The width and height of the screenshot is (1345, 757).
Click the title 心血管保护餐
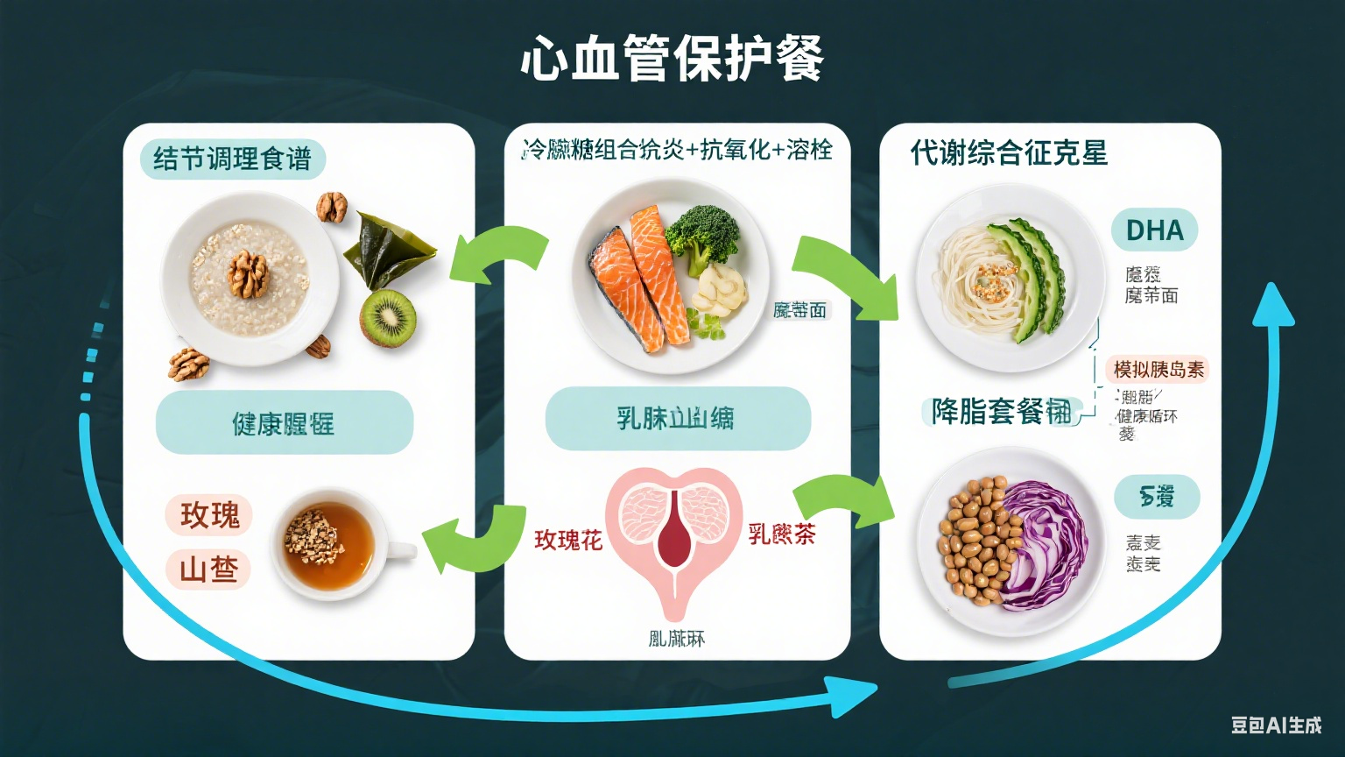click(672, 60)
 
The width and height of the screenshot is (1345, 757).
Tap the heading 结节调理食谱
click(232, 159)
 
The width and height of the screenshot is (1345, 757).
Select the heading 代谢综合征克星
click(1009, 153)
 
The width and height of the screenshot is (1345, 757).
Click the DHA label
click(1154, 230)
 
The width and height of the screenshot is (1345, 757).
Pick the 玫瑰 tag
click(209, 514)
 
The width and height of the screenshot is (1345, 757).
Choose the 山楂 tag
click(208, 570)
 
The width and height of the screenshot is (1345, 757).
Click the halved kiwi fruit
click(388, 316)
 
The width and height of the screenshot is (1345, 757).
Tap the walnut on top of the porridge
click(249, 273)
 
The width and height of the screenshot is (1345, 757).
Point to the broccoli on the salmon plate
click(702, 235)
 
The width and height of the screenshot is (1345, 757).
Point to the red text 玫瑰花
click(568, 540)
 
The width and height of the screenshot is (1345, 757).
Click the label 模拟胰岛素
click(1158, 370)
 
